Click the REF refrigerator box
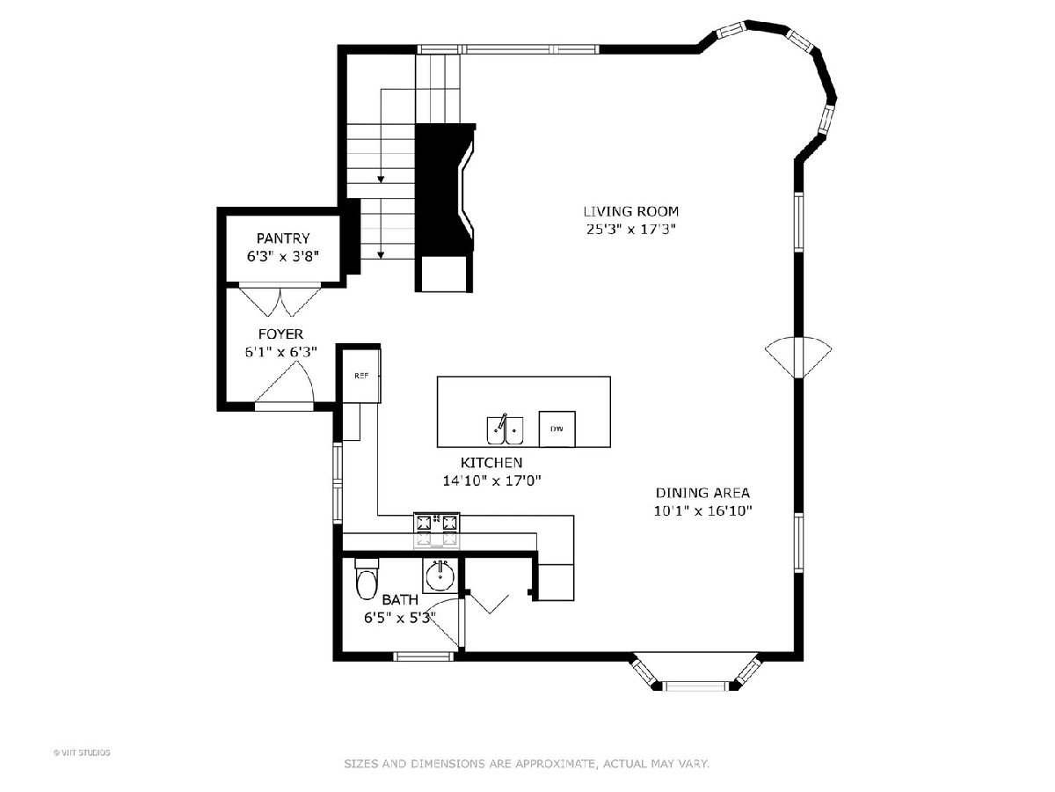pos(361,376)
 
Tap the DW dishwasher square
pos(557,429)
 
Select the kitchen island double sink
pos(505,429)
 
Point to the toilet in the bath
pos(367,578)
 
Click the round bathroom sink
pos(440,576)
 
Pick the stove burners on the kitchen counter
pos(436,531)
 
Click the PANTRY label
pos(283,238)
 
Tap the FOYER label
pos(280,334)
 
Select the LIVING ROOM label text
pos(630,211)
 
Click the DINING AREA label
pos(702,493)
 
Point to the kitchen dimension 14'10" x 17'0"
pos(491,480)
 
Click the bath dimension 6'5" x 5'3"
pos(399,618)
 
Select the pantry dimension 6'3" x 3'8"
pos(283,256)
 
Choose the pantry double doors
pos(280,302)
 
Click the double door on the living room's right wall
pos(798,358)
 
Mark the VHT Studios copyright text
pos(82,752)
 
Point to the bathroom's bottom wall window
pos(423,656)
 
